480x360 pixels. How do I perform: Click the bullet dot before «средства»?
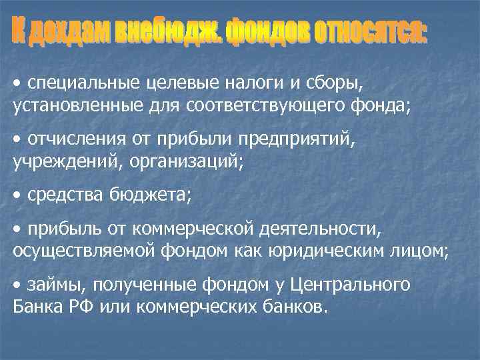click(x=17, y=195)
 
